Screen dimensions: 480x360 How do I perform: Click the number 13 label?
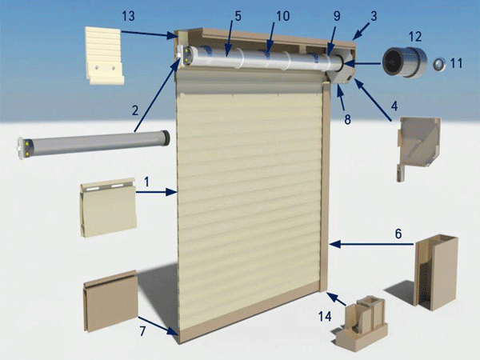click(128, 16)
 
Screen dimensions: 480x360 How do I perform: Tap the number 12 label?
click(415, 37)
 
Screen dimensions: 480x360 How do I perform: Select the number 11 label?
click(456, 63)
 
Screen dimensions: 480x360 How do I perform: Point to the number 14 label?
click(325, 316)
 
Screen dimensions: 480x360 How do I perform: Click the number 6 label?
click(398, 234)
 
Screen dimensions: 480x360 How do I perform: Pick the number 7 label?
click(142, 331)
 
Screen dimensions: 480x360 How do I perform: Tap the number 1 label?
click(147, 182)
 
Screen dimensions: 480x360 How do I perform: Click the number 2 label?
click(135, 110)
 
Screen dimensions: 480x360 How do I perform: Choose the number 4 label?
click(394, 106)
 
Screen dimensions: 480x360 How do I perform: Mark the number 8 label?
click(347, 120)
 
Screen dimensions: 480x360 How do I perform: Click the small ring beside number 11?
click(439, 65)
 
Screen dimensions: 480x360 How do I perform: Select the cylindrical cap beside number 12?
click(404, 62)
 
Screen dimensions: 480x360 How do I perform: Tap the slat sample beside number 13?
click(104, 55)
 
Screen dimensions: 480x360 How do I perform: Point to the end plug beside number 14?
click(361, 323)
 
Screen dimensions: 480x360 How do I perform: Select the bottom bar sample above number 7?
click(110, 301)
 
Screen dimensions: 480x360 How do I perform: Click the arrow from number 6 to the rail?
click(372, 244)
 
